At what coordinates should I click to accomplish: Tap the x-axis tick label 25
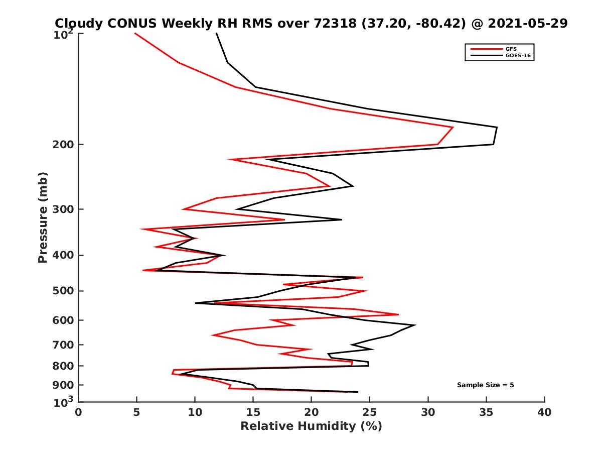(x=370, y=412)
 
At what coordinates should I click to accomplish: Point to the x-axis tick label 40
(x=544, y=412)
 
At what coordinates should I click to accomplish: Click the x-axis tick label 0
(x=79, y=412)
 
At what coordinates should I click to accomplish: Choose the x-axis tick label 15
(x=253, y=412)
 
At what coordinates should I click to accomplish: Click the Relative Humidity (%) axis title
(x=311, y=426)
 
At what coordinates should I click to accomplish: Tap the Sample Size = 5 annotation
(x=485, y=385)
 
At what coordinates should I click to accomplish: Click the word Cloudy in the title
(x=78, y=23)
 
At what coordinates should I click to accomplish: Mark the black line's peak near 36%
(x=497, y=128)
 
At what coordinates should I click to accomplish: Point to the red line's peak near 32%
(x=453, y=128)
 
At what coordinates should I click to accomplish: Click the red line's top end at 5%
(x=135, y=33)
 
